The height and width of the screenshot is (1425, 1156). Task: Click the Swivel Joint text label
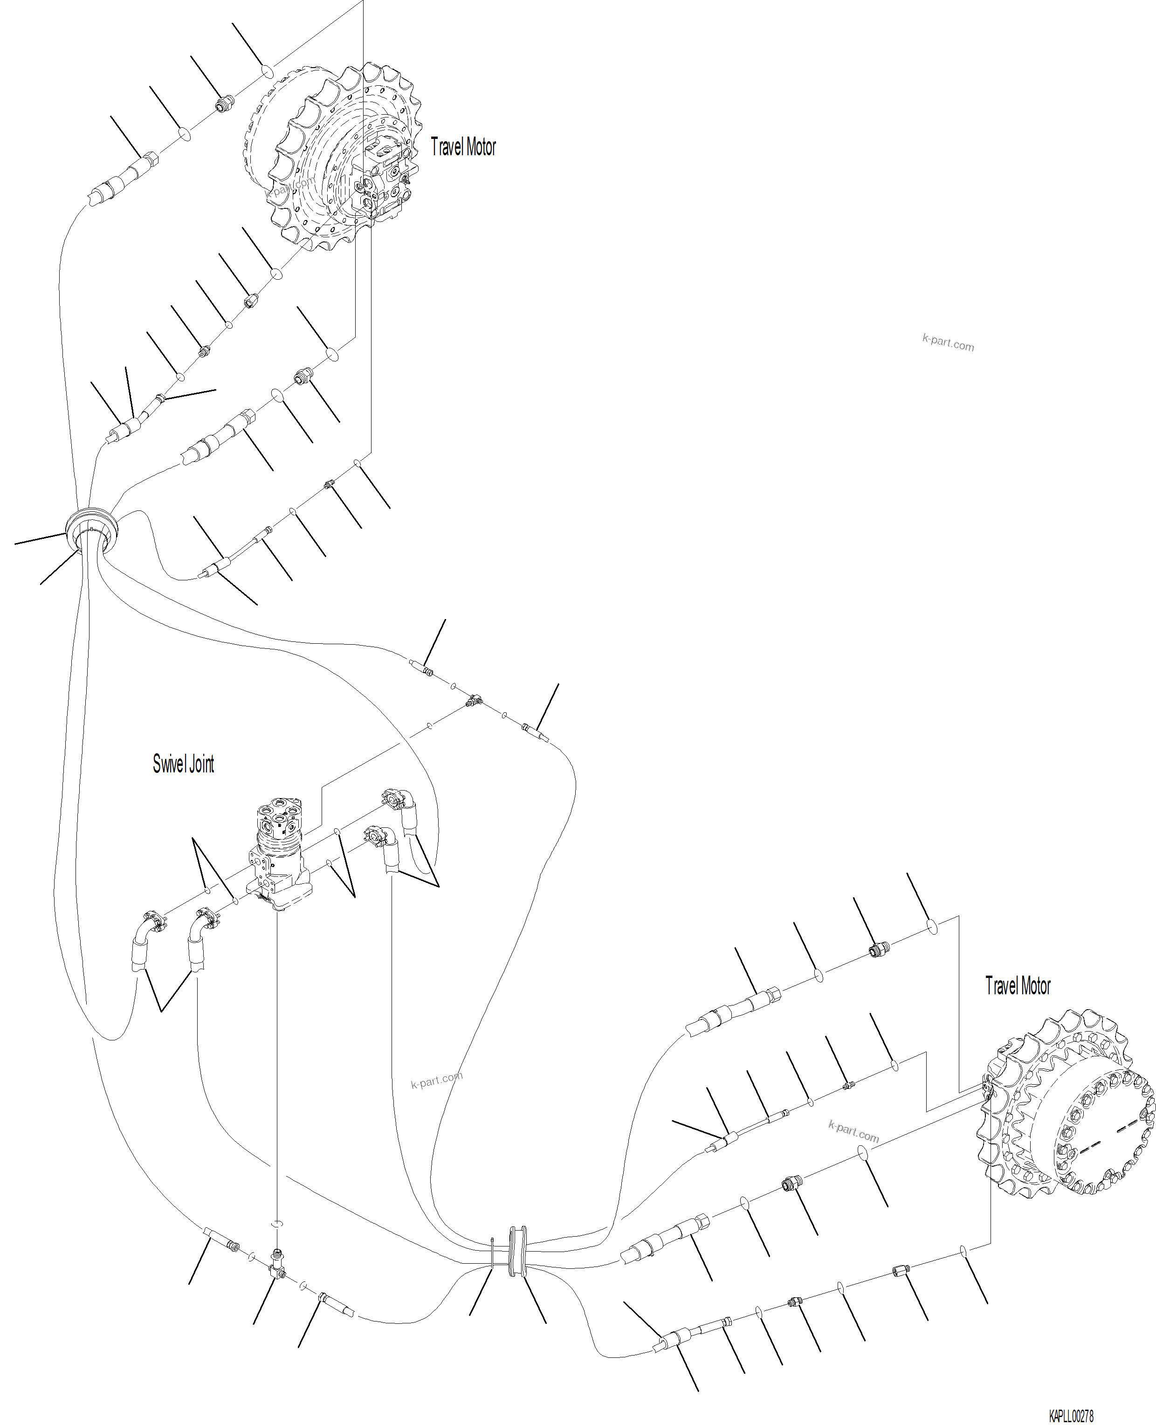[x=183, y=764]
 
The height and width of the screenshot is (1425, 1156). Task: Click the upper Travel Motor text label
[x=463, y=147]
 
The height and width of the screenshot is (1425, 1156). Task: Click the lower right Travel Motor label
[x=1018, y=986]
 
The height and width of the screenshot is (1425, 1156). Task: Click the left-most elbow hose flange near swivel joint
[x=152, y=922]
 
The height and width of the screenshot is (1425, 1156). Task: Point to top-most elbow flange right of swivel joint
[x=394, y=798]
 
